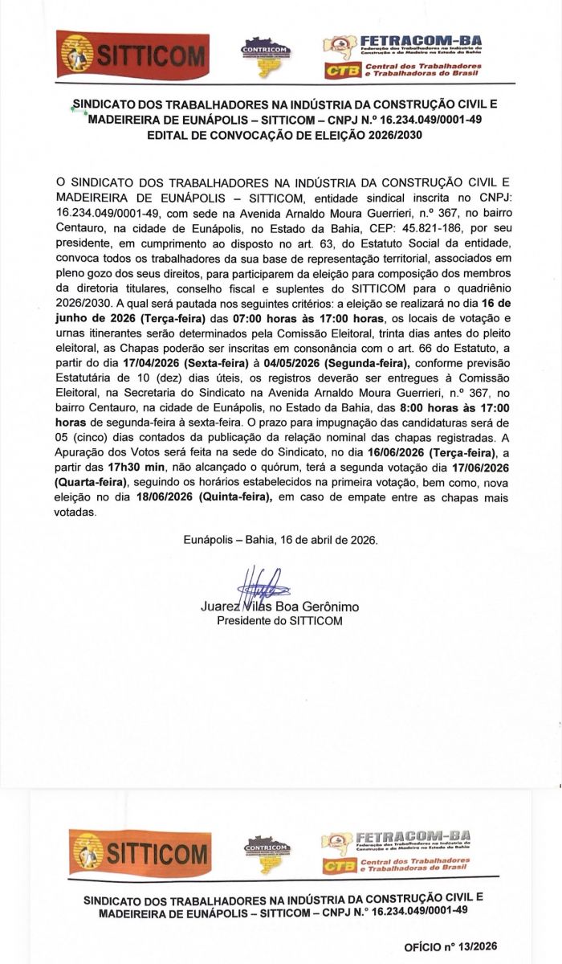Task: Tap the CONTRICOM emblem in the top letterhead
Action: (x=266, y=58)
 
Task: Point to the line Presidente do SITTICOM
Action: (x=280, y=621)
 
